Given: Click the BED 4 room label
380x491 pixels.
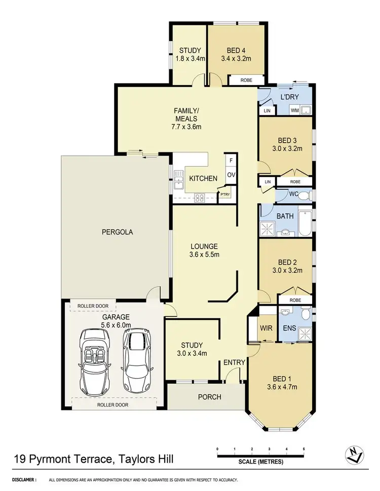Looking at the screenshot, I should coord(236,50).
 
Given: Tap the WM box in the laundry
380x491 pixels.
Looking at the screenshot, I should coord(294,110).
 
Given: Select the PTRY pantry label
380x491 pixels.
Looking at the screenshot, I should coord(225,194).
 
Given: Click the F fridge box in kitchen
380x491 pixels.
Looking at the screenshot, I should coord(231,160).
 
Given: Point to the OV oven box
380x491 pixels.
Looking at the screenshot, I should coord(231,175).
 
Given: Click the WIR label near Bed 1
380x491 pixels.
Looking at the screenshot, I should coord(267,328).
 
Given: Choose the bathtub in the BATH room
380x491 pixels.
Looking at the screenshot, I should coord(305,223).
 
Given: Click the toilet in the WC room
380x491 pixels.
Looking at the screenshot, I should coord(303,195).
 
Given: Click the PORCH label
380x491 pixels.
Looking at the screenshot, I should coord(210,397).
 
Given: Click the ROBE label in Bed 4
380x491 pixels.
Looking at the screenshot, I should coord(246,80).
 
